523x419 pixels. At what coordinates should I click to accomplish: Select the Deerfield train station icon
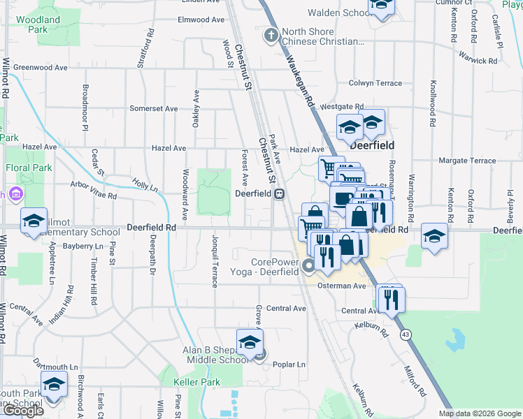tap(278, 193)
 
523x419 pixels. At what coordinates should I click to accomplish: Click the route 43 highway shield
tap(406, 335)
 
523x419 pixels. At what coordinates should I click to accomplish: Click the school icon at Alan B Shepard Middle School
tap(249, 342)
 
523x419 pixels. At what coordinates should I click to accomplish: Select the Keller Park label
tap(197, 382)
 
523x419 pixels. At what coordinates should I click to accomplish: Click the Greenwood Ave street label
tap(40, 68)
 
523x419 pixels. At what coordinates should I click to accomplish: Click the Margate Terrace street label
tap(467, 161)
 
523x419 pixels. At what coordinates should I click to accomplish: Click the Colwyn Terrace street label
tap(375, 83)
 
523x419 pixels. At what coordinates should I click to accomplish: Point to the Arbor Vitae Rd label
tap(93, 193)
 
